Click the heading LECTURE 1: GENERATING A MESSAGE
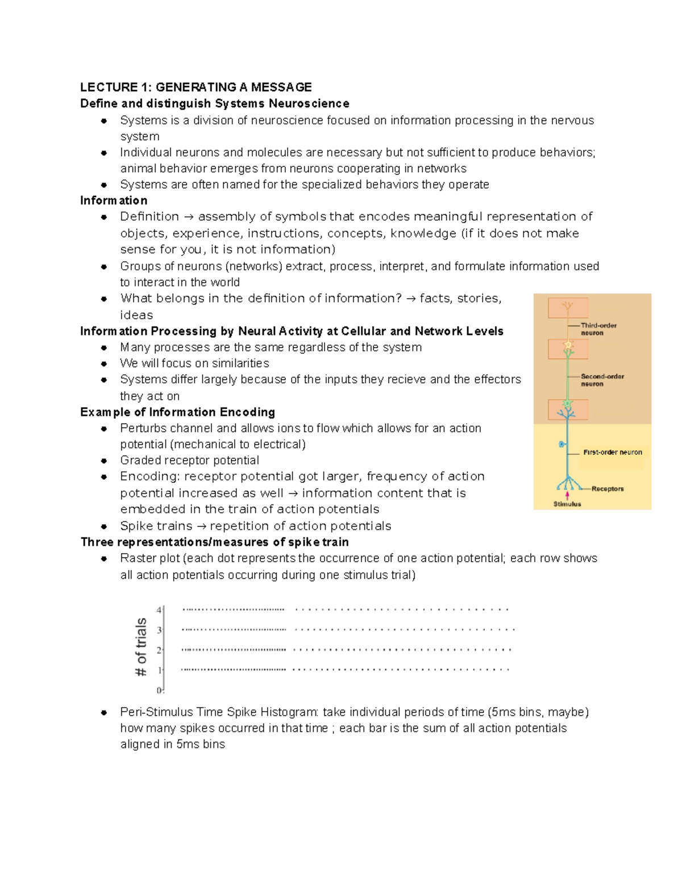point(196,87)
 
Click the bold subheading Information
point(114,200)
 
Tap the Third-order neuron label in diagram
point(598,329)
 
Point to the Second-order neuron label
point(602,380)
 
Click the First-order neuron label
point(612,452)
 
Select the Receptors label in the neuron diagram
point(607,488)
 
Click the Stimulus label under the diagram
point(567,504)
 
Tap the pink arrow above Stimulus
point(567,495)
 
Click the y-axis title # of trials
point(141,647)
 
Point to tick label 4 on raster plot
point(159,609)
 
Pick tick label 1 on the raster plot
point(160,670)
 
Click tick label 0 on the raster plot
point(159,690)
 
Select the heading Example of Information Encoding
point(177,412)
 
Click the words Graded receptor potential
point(189,460)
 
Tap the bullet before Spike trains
point(104,526)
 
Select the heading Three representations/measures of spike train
point(214,542)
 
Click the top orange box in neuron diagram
point(567,308)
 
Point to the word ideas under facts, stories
point(136,315)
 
